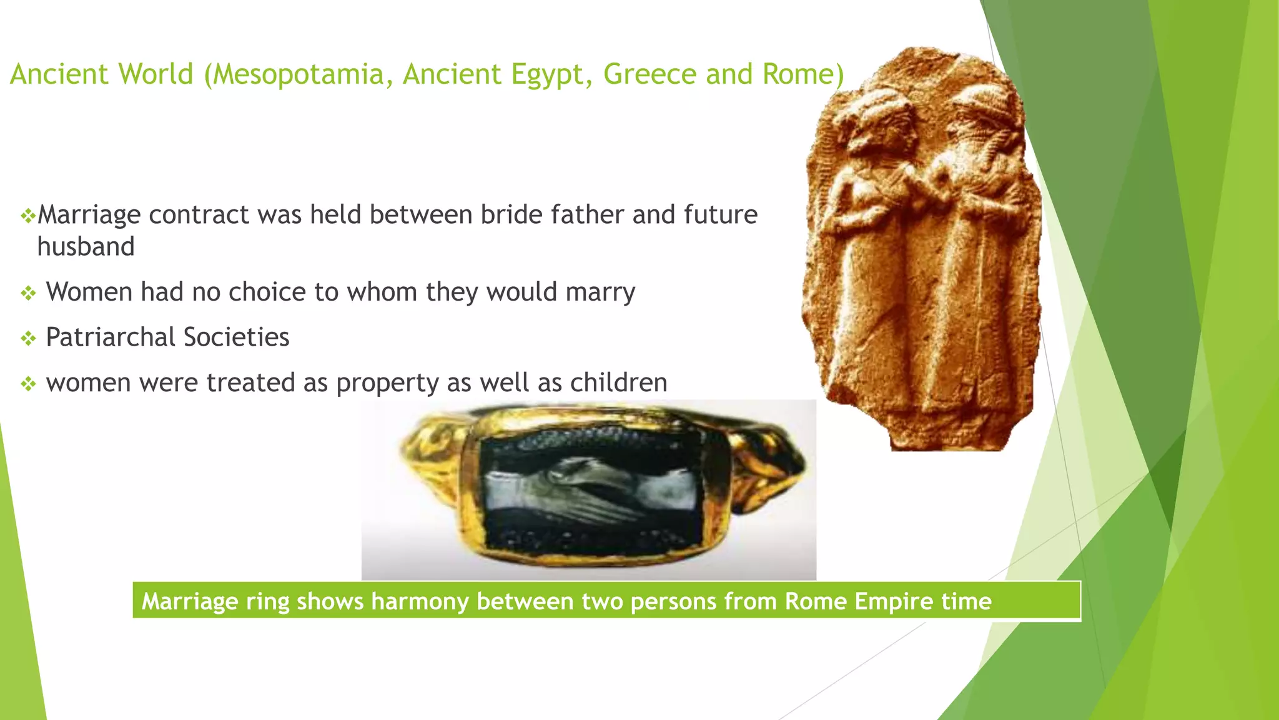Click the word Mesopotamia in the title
[299, 75]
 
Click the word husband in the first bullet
[86, 247]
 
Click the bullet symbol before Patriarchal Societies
[28, 339]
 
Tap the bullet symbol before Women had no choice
[28, 293]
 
